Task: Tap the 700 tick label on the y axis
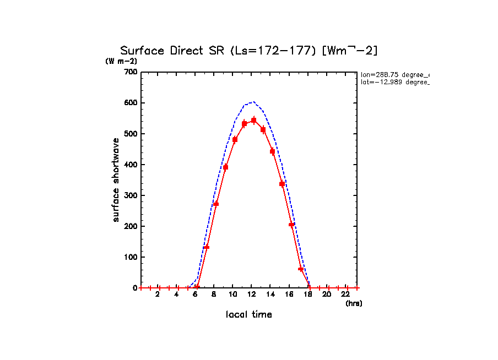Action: click(131, 72)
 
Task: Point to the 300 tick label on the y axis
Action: click(131, 195)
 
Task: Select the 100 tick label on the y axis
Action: click(131, 257)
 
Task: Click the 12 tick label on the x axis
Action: click(251, 294)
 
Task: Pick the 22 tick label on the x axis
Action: click(346, 294)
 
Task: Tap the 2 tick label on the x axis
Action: click(158, 294)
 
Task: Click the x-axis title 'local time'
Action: click(249, 314)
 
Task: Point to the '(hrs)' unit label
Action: click(354, 303)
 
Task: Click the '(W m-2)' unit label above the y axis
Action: click(121, 62)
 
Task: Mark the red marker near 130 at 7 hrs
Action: click(207, 247)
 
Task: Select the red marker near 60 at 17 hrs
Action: click(301, 269)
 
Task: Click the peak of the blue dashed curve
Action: click(253, 102)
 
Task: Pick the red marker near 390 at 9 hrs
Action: click(225, 167)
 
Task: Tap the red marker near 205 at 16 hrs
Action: click(291, 225)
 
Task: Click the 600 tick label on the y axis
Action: click(131, 103)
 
